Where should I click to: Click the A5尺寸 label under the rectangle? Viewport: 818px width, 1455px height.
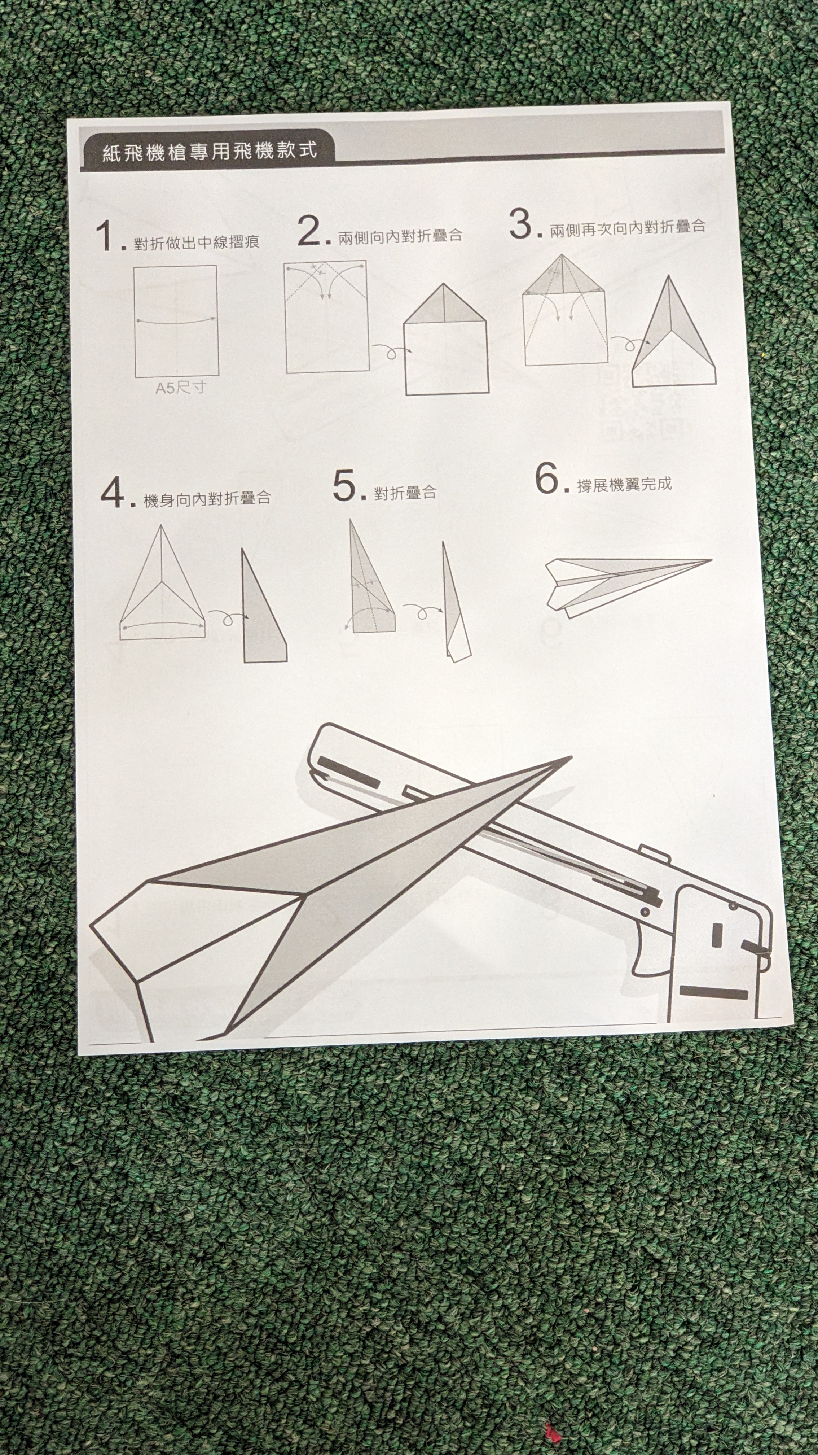pos(181,388)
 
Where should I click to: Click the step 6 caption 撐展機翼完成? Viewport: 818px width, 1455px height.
pos(624,485)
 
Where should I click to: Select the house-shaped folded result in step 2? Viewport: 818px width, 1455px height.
pos(446,339)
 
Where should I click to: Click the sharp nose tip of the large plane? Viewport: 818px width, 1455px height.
pos(570,757)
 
